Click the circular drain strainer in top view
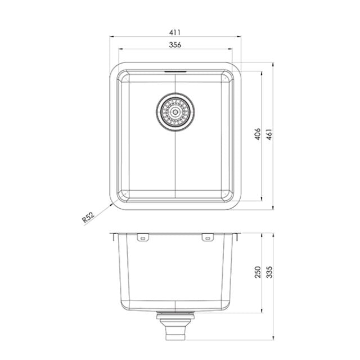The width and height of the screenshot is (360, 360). tap(175, 111)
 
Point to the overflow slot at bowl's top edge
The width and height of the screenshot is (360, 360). tap(175, 72)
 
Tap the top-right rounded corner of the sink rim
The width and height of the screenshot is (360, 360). tap(238, 69)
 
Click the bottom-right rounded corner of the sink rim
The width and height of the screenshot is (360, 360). tap(238, 203)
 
